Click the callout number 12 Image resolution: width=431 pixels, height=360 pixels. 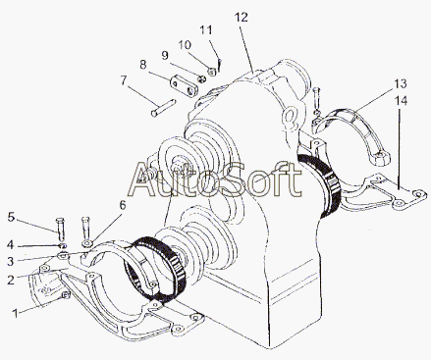pyautogui.click(x=242, y=18)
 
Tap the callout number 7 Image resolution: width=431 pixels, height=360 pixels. pyautogui.click(x=123, y=80)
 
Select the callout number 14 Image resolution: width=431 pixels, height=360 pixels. pyautogui.click(x=401, y=101)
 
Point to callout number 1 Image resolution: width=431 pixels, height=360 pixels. pyautogui.click(x=15, y=313)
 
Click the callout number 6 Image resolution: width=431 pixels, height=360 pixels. pyautogui.click(x=122, y=205)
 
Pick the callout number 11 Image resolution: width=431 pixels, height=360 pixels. pyautogui.click(x=206, y=30)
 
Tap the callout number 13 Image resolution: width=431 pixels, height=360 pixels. pyautogui.click(x=400, y=83)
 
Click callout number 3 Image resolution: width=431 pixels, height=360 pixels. pyautogui.click(x=11, y=261)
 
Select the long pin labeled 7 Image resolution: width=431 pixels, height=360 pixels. pyautogui.click(x=163, y=108)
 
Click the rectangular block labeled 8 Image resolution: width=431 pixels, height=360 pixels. pyautogui.click(x=184, y=85)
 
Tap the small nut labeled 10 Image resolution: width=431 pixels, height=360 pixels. pyautogui.click(x=212, y=72)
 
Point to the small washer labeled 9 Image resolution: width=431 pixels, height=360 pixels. pyautogui.click(x=202, y=78)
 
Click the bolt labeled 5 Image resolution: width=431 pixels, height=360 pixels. pyautogui.click(x=61, y=230)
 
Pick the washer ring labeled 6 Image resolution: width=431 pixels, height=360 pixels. pyautogui.click(x=87, y=243)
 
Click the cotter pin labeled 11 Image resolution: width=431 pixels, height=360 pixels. pyautogui.click(x=220, y=65)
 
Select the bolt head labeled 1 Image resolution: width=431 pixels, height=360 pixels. pyautogui.click(x=66, y=295)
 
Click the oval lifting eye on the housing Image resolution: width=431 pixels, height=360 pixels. pyautogui.click(x=290, y=118)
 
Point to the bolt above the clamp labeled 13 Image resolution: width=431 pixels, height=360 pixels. pyautogui.click(x=315, y=99)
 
